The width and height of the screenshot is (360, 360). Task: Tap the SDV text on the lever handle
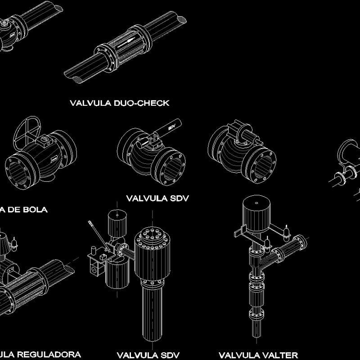[171, 126]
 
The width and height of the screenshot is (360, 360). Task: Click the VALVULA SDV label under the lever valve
[157, 198]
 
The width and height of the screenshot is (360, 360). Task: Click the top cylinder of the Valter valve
[256, 215]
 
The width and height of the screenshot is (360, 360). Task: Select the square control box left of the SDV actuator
[97, 265]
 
